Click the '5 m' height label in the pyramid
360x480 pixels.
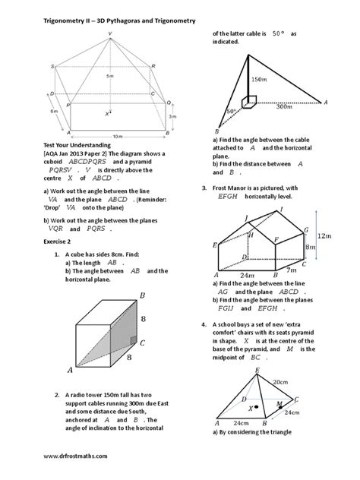(110, 77)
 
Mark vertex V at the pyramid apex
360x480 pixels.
(109, 33)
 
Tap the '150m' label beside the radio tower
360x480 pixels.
(259, 80)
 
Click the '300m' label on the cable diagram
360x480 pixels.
(285, 108)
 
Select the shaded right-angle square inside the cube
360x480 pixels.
(132, 339)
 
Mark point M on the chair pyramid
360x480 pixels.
(280, 403)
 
